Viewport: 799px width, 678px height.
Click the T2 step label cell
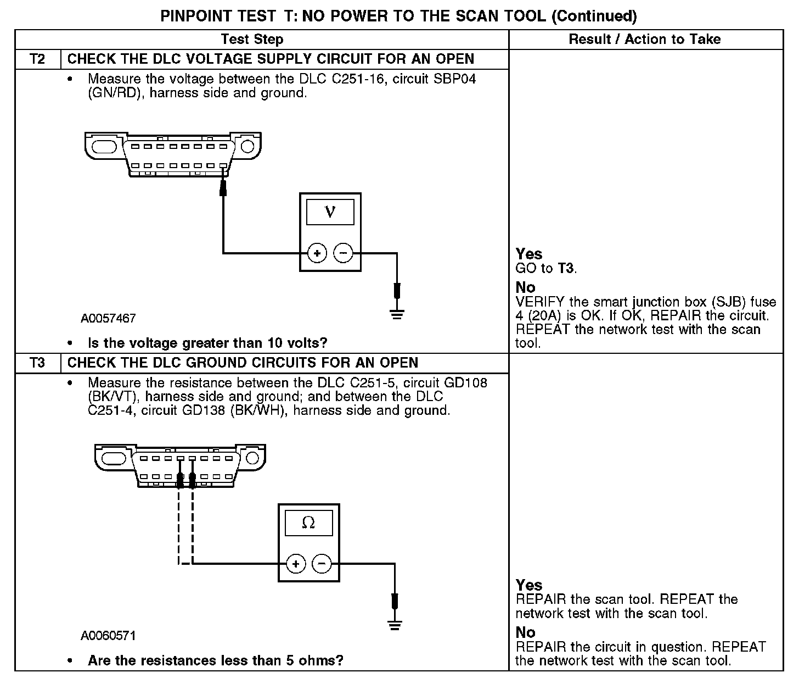37,59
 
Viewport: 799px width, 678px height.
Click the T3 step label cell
37,363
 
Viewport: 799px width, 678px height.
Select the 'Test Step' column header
252,40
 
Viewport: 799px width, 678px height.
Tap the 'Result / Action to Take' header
645,40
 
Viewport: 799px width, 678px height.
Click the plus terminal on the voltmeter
317,253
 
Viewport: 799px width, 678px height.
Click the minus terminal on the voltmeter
344,253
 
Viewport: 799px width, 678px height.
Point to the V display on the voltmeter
330,212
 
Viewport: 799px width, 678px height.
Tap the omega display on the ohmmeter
308,523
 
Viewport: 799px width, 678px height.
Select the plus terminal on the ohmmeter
296,564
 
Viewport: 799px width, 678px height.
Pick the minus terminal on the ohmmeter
322,564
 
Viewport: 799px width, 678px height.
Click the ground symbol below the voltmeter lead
397,314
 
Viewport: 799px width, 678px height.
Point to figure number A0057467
108,319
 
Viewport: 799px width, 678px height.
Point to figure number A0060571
108,636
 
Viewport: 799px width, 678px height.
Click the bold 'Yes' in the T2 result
529,254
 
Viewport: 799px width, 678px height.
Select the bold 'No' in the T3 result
525,632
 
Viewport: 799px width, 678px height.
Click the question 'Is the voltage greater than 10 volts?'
207,343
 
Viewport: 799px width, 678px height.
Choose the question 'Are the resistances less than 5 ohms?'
215,660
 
